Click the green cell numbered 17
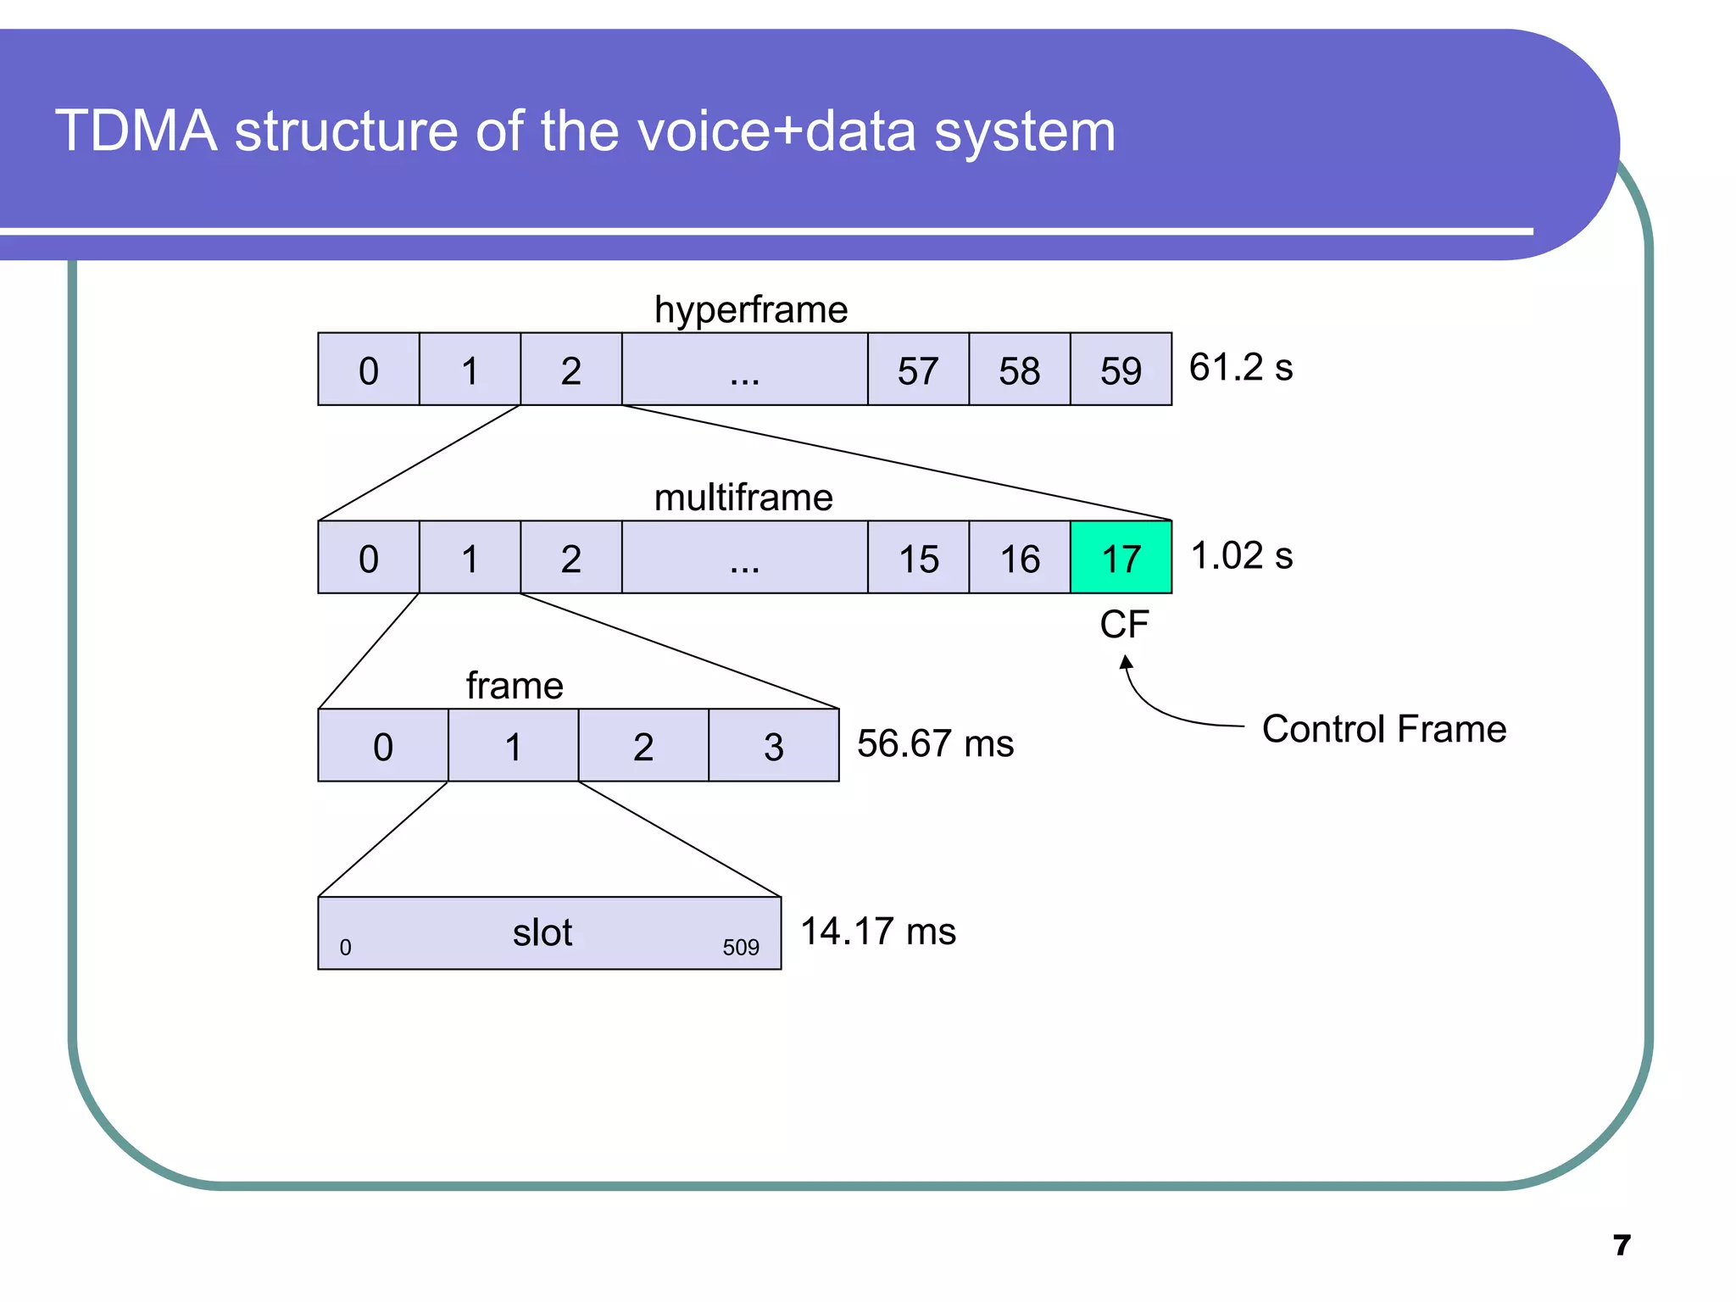[1121, 558]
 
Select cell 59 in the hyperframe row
[1121, 370]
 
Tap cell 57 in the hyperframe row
[918, 370]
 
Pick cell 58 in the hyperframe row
[1019, 370]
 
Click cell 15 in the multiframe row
[918, 558]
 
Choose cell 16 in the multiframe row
[1019, 558]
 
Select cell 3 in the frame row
[773, 746]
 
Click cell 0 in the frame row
[383, 746]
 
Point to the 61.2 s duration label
[1240, 368]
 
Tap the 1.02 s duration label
[1241, 556]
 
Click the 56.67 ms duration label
[935, 743]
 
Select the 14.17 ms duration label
[878, 932]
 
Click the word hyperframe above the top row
[751, 309]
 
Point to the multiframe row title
[743, 498]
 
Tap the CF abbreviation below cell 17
[1124, 625]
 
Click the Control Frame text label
[1383, 729]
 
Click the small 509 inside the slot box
[740, 948]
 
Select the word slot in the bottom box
[542, 933]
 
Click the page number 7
[1622, 1245]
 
